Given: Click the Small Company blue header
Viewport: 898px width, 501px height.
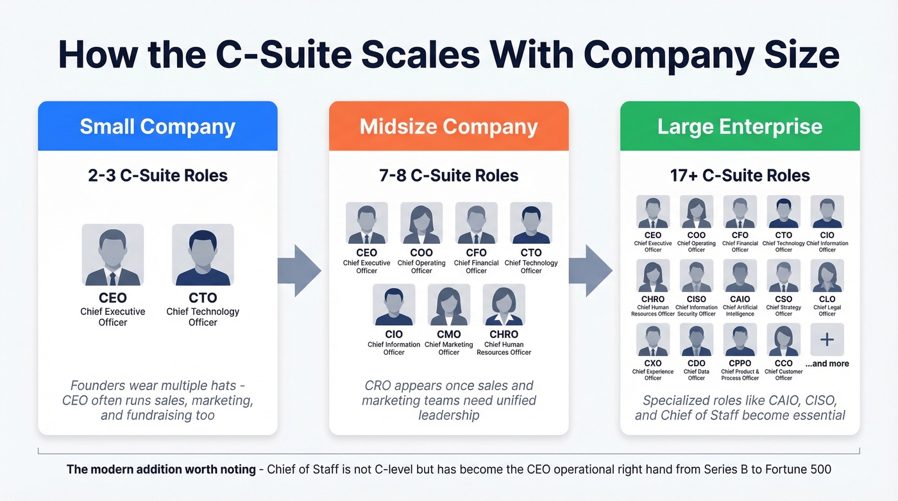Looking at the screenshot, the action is coord(157,126).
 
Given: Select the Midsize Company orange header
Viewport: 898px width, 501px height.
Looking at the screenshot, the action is coord(448,126).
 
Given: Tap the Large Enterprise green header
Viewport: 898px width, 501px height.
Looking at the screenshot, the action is coord(740,126).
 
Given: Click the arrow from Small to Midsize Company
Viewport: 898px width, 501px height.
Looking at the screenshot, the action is coord(300,271).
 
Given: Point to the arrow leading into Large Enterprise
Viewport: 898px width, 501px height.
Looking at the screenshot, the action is coord(590,271).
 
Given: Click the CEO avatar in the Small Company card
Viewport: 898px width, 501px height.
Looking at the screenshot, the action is coord(113,255).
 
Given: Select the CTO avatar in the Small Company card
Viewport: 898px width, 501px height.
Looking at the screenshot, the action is coord(203,255).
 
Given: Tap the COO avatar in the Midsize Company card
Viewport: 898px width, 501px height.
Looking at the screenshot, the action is coord(421,223).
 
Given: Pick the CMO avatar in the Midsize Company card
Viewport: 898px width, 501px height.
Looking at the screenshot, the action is coord(449,305).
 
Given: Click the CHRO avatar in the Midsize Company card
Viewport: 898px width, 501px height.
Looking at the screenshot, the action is coord(504,305).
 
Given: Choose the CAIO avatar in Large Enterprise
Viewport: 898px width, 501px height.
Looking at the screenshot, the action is coord(740,276).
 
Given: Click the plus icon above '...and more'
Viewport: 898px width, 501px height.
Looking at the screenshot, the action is coord(827,339).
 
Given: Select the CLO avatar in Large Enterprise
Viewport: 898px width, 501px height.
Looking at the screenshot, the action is coord(827,276).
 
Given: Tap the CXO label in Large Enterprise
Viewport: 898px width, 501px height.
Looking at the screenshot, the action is coord(653,364).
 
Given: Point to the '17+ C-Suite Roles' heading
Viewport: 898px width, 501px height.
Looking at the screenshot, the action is coord(740,175).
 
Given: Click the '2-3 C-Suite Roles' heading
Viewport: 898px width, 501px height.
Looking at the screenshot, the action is coord(158,175).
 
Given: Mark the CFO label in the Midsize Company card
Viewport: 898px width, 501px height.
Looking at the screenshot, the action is coord(476,253).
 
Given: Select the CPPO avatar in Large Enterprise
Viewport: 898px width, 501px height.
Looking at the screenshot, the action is coord(740,340).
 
